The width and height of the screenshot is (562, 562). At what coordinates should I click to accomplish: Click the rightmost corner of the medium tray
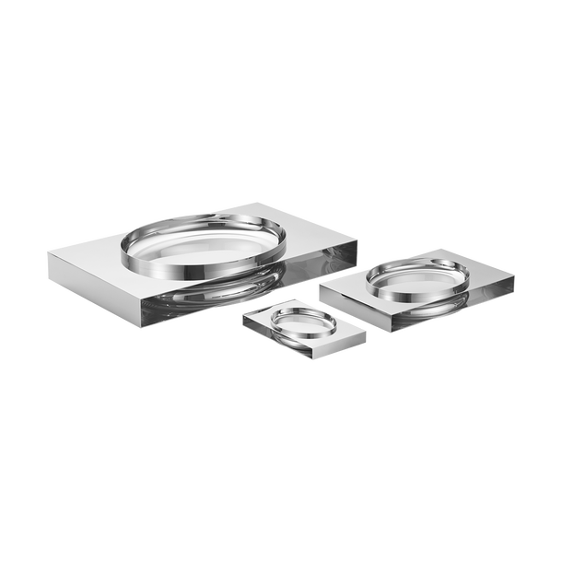pos(516,276)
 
